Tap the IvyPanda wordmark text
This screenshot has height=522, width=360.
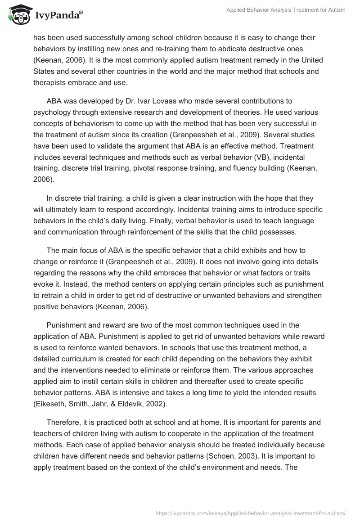click(56, 16)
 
